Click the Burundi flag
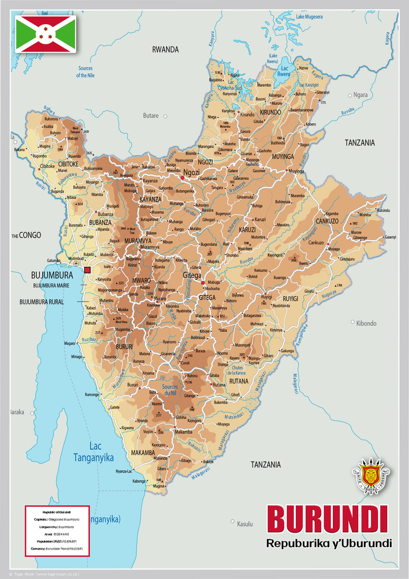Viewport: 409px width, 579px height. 45,34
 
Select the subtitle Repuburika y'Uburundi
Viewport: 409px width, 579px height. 329,543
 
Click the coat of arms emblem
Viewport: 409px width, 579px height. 371,476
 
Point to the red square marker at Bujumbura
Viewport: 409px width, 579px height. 87,270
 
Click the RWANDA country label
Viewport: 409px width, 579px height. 165,49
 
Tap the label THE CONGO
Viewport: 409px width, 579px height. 27,235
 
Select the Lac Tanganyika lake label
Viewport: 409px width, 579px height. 94,452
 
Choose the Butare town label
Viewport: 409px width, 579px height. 150,116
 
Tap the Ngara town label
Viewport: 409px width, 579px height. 360,95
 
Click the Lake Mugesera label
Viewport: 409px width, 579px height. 309,17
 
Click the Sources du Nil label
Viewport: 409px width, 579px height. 170,390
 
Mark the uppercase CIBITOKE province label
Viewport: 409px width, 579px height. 69,165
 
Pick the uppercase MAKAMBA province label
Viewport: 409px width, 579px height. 143,453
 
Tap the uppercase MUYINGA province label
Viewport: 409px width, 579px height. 283,157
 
